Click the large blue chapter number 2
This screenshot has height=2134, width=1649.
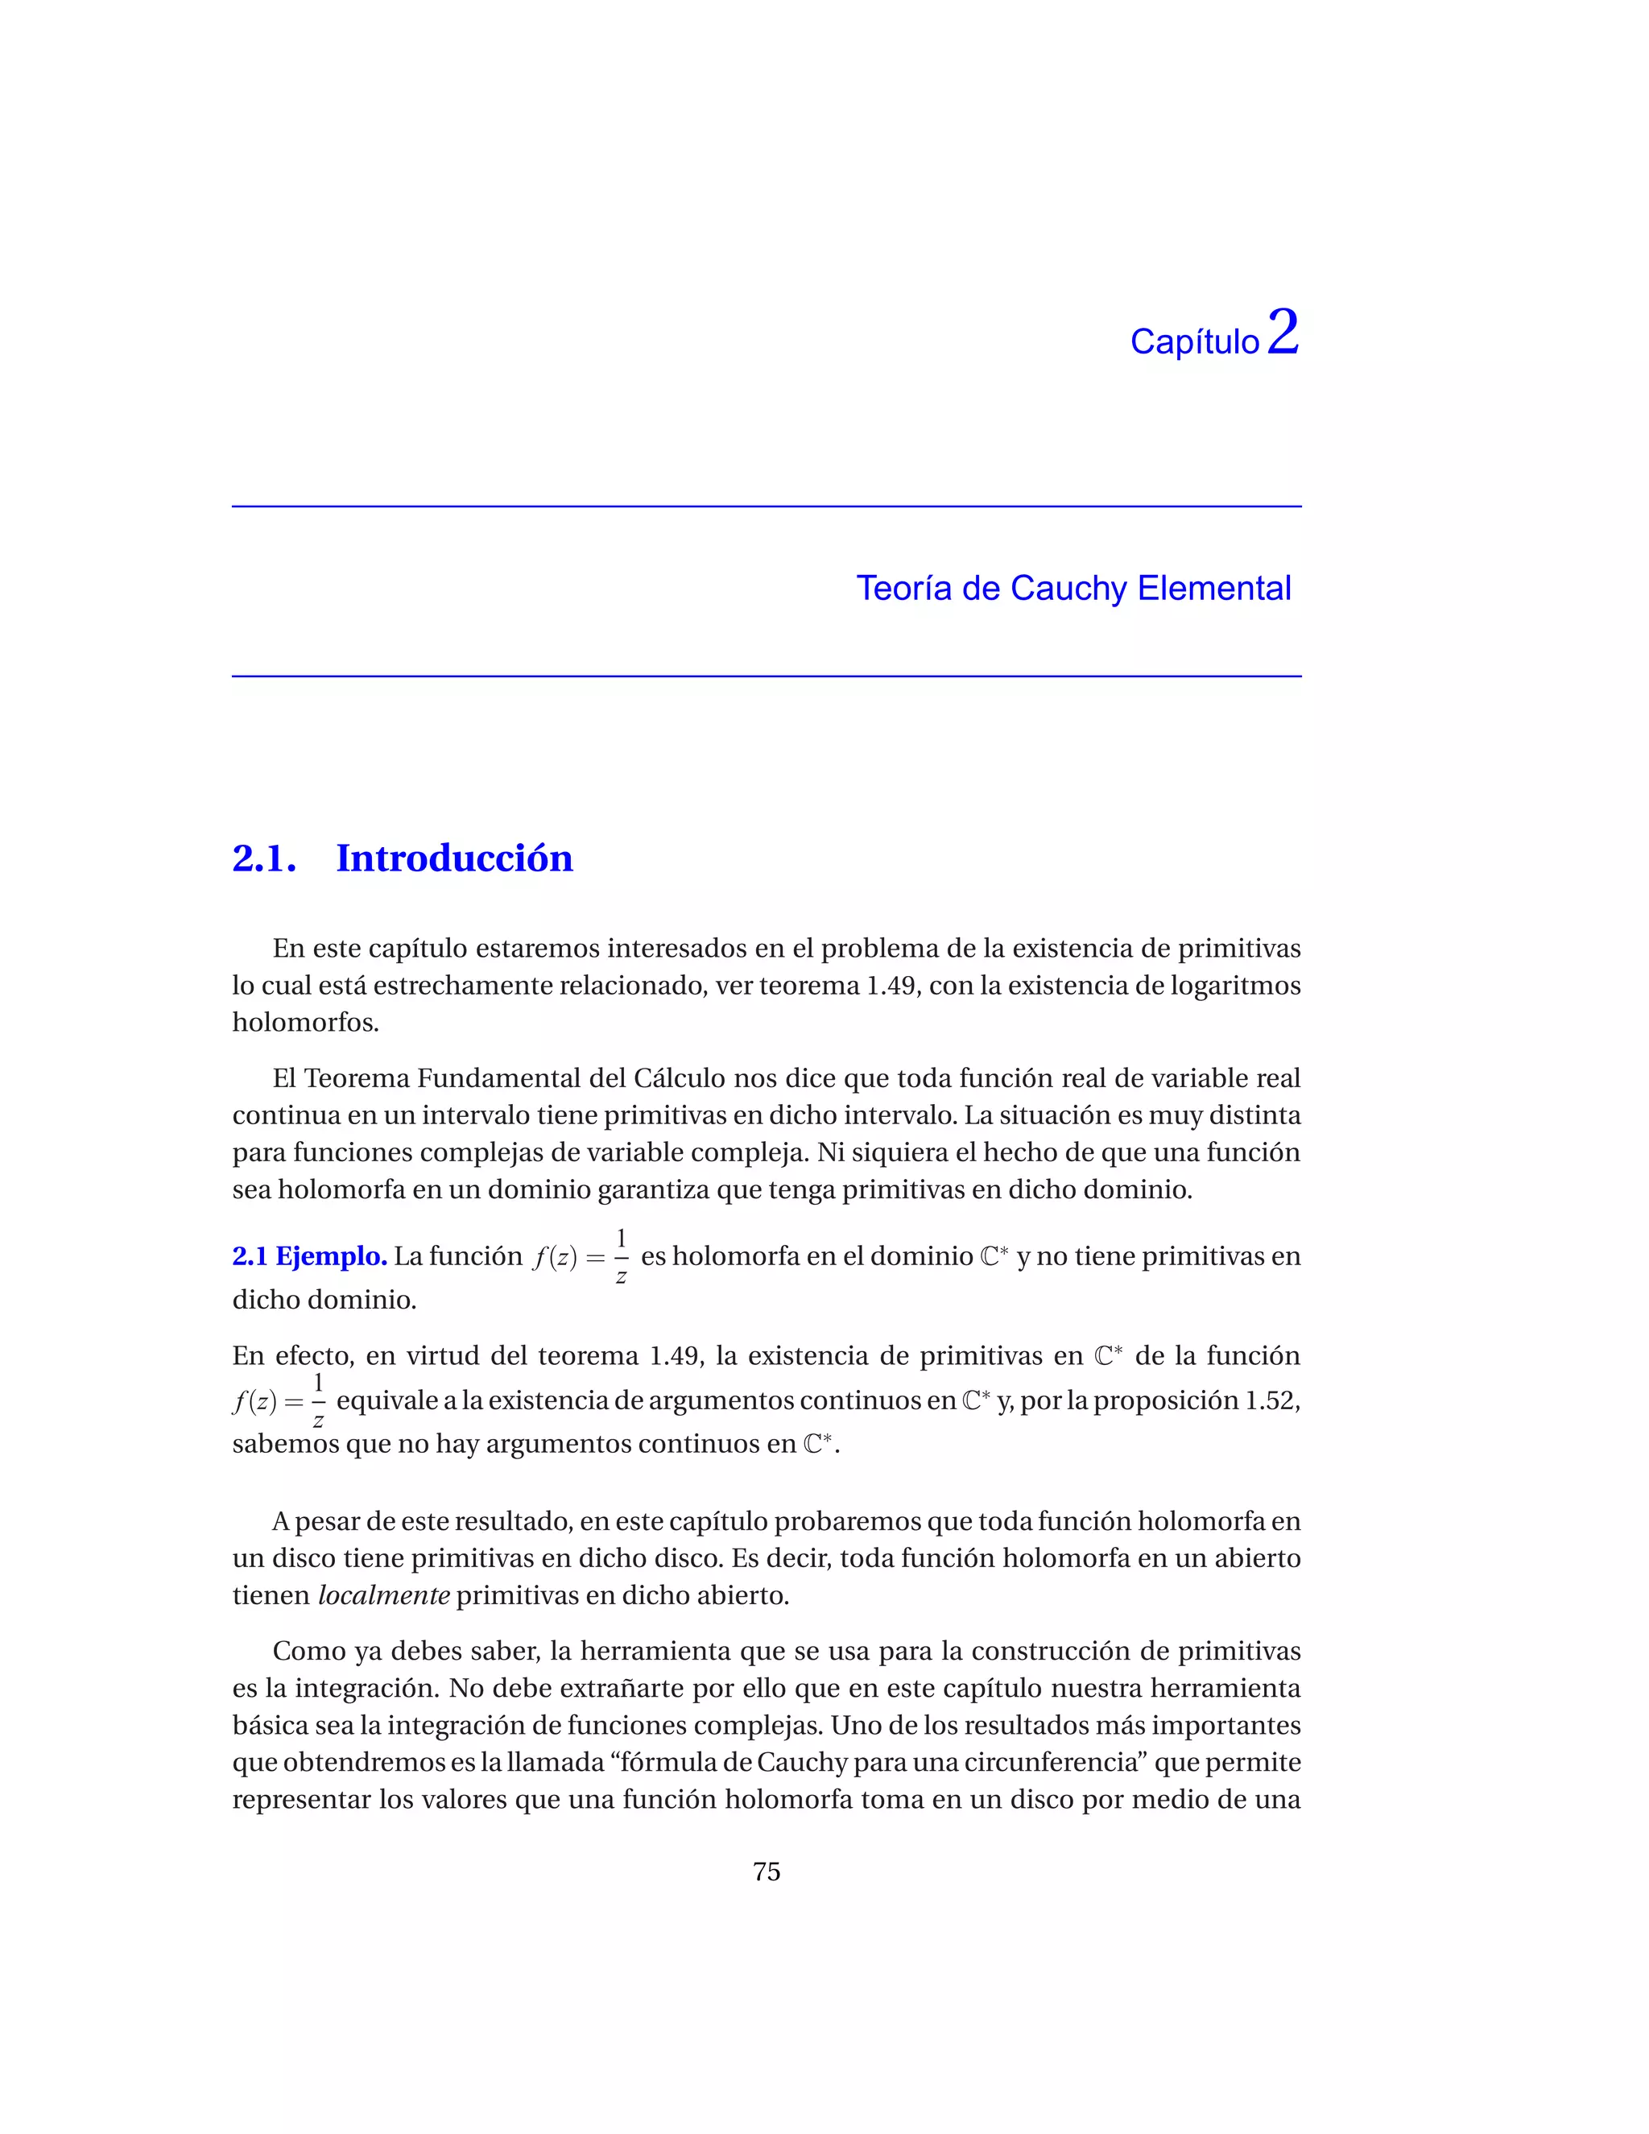[x=1283, y=333]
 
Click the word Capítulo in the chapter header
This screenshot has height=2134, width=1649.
[x=1194, y=342]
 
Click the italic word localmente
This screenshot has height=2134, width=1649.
[x=384, y=1595]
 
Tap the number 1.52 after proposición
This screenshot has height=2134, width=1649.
[x=1270, y=1400]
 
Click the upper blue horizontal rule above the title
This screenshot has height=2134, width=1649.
[x=766, y=507]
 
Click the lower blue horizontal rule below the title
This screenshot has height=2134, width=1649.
[x=766, y=675]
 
